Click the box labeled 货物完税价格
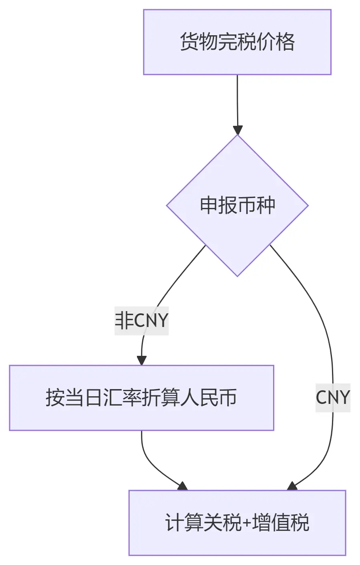237,42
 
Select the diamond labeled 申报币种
237,205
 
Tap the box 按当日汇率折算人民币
141,398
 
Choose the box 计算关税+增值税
237,523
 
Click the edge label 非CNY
141,321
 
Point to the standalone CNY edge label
333,398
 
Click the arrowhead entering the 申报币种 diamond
238,130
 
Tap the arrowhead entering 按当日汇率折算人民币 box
142,360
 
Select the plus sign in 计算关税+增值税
247,523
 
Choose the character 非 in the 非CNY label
124,321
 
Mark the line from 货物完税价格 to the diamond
237,100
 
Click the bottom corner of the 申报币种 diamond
237,275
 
